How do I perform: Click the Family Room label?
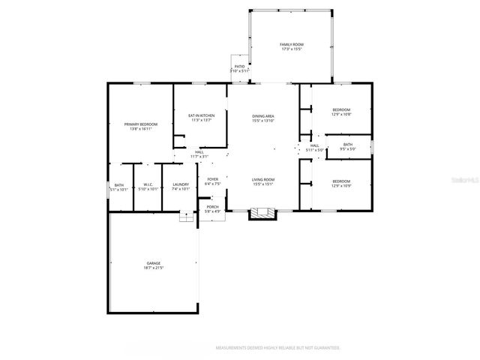click(291, 47)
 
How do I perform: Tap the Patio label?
click(239, 68)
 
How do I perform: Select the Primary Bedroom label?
click(141, 126)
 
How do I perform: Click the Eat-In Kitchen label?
click(202, 118)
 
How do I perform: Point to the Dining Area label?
click(263, 118)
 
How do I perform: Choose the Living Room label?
click(263, 181)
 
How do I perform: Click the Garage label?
click(153, 265)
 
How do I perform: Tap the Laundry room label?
click(180, 187)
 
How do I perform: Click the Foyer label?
click(213, 181)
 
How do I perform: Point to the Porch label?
click(213, 209)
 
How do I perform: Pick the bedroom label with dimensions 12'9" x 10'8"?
click(341, 112)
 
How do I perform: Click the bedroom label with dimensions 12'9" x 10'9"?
click(341, 183)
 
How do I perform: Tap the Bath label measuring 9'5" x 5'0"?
click(348, 146)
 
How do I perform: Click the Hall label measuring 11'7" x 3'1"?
click(199, 154)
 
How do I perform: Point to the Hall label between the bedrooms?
click(314, 147)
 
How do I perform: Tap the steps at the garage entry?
click(186, 217)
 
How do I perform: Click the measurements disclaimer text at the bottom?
click(278, 348)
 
